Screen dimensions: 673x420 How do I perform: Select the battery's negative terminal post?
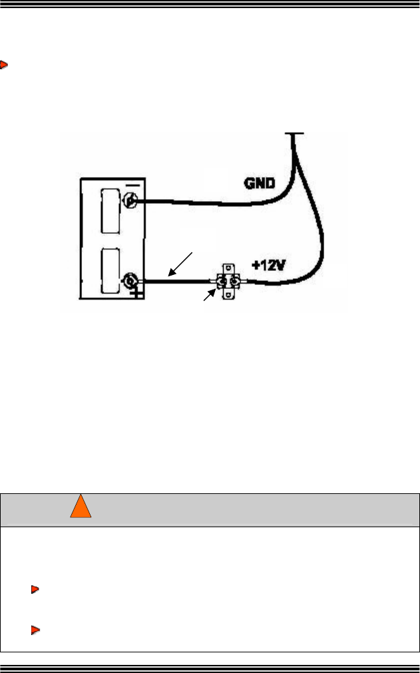[x=130, y=201]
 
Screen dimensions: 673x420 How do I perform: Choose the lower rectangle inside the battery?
[x=110, y=271]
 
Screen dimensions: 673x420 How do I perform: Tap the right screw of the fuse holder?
[x=234, y=282]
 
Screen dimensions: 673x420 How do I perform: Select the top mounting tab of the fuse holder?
[x=227, y=268]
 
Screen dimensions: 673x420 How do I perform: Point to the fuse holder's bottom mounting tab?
[x=227, y=298]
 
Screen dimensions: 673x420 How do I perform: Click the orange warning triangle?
[x=81, y=509]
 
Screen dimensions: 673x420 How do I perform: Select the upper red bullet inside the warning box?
[x=35, y=589]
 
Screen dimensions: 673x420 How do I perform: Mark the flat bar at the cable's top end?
[x=294, y=134]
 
